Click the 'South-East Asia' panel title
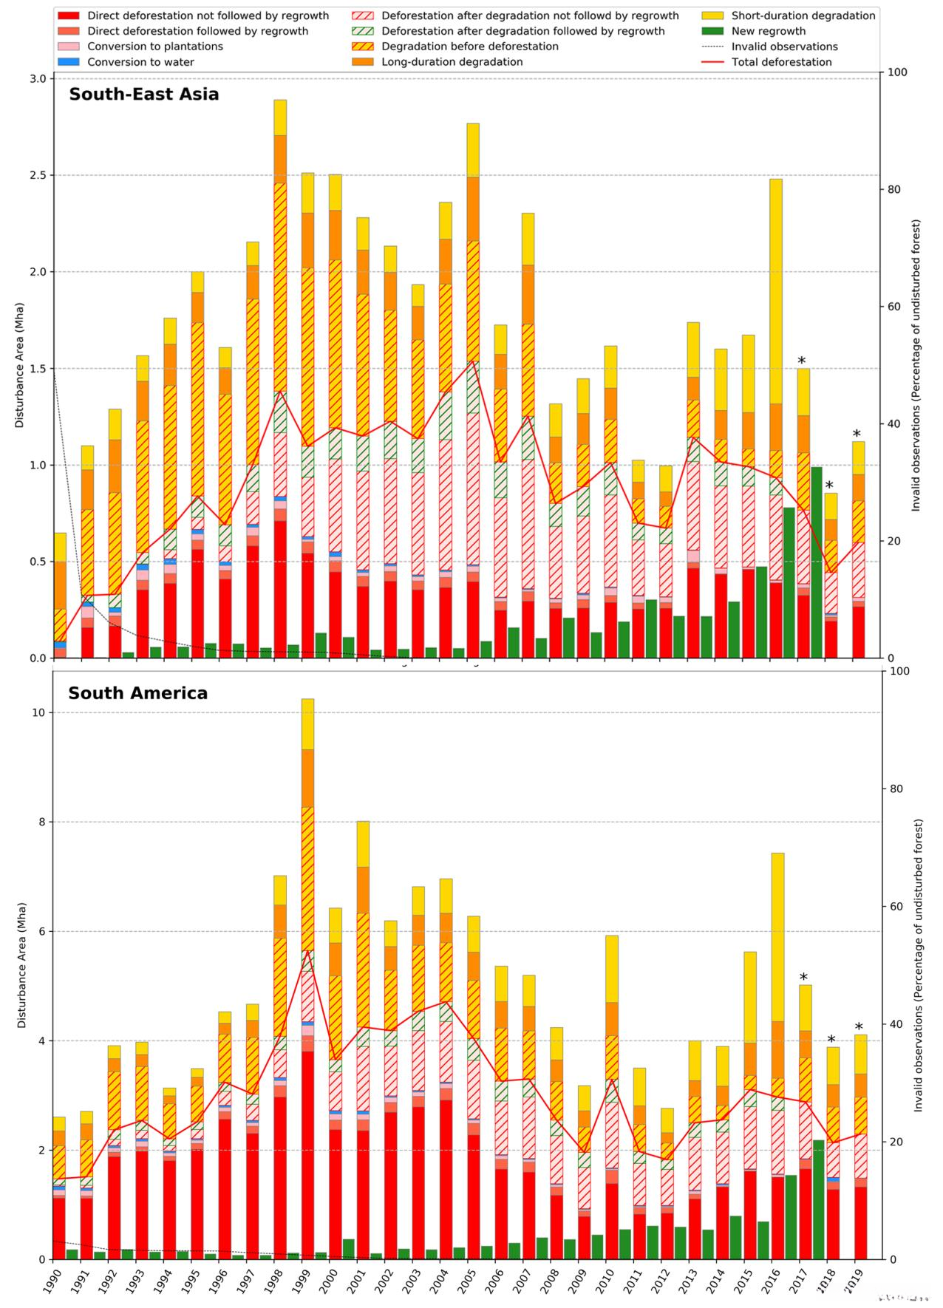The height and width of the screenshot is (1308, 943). (x=144, y=95)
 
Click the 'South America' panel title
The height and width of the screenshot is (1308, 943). (x=137, y=693)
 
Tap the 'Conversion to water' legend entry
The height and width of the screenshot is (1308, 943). (x=140, y=62)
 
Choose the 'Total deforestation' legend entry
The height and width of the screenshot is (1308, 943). (x=781, y=62)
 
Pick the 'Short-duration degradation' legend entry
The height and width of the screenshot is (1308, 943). (x=803, y=16)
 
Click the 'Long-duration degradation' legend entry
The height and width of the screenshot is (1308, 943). (x=452, y=62)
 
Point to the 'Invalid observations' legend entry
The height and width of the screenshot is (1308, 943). (x=784, y=47)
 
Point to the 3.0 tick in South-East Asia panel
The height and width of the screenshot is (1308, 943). (x=38, y=79)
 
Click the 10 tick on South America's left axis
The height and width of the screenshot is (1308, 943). (x=37, y=713)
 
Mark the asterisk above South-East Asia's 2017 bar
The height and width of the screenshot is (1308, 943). (x=802, y=361)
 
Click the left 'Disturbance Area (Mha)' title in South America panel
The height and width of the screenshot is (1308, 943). (x=22, y=965)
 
